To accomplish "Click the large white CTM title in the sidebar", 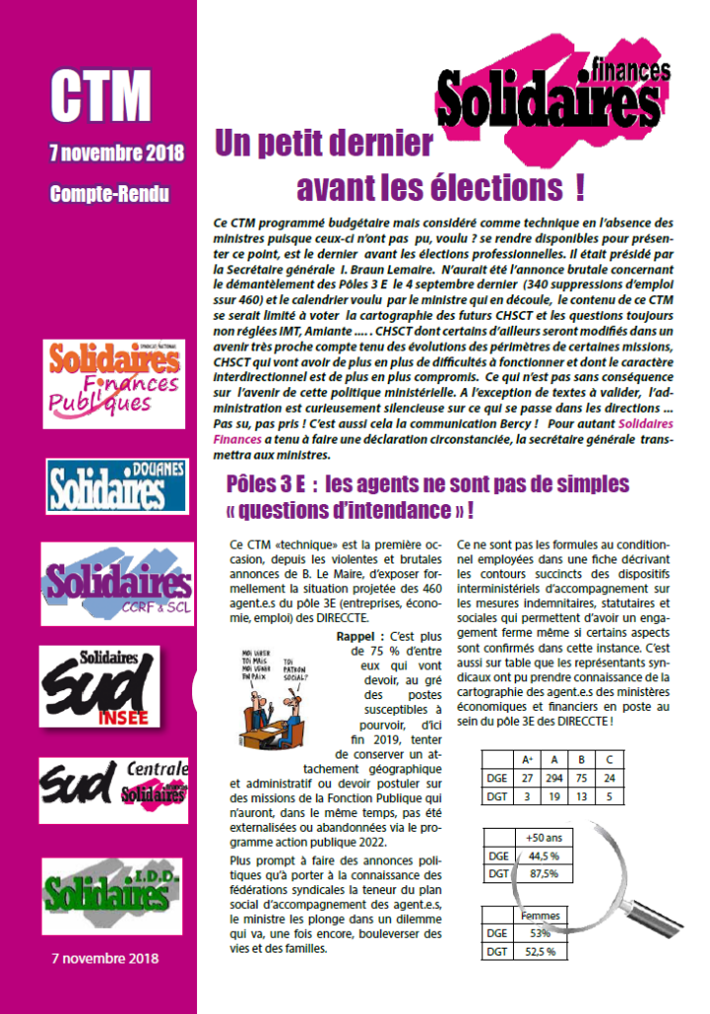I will pos(101,97).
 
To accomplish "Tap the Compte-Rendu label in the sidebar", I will pos(109,194).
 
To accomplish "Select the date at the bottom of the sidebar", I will pos(104,959).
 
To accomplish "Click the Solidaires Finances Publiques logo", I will pos(114,377).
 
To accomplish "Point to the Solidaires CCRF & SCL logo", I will pos(117,583).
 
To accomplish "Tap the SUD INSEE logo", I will pos(111,683).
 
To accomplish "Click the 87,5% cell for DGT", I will pos(544,873).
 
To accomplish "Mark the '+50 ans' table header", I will pos(544,836).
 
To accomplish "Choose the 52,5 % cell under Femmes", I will pos(540,951).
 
